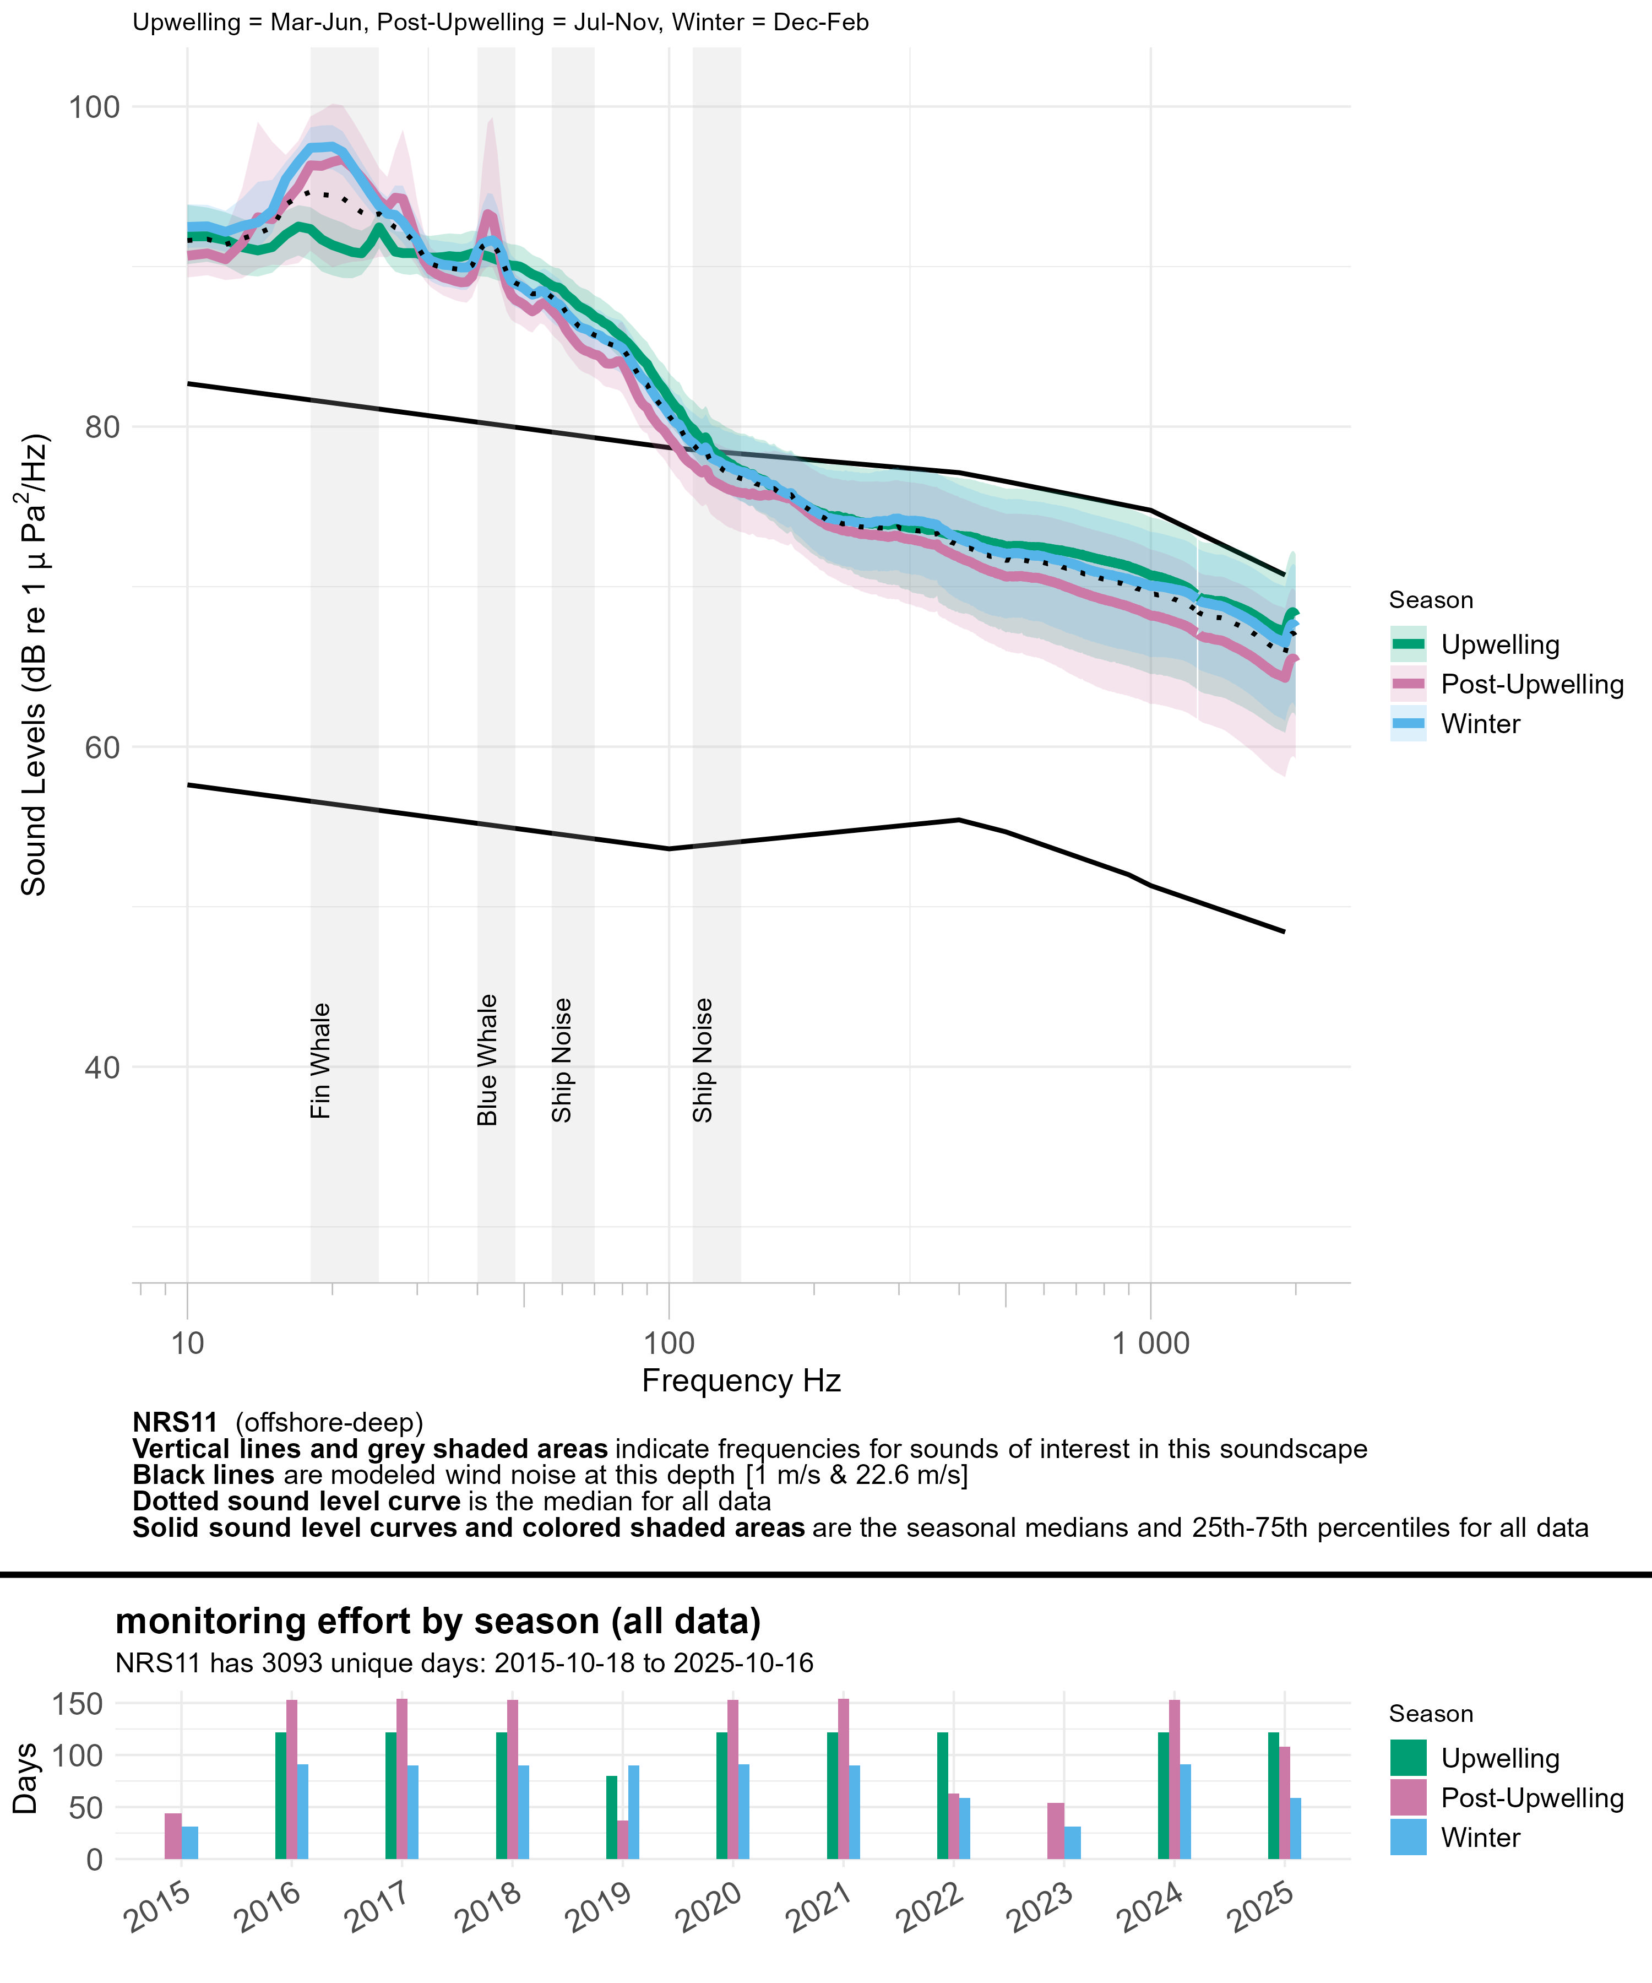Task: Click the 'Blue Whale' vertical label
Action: (487, 1059)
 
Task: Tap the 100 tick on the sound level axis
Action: (94, 107)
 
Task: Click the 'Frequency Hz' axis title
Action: (741, 1380)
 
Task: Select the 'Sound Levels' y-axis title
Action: (34, 666)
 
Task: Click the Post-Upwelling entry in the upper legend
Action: (1531, 685)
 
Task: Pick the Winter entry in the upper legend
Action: (1479, 724)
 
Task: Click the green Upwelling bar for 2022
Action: (942, 1796)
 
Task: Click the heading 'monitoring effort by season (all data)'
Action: (438, 1621)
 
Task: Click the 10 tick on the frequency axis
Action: (188, 1343)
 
